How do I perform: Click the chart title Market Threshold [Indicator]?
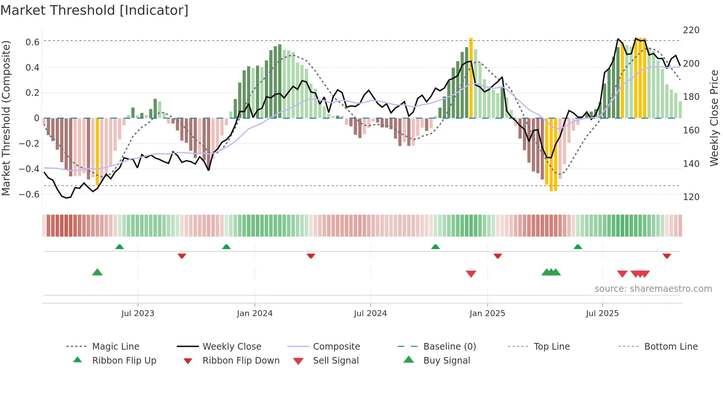coord(94,10)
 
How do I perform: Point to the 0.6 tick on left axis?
coord(32,42)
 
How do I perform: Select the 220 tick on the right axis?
coord(691,30)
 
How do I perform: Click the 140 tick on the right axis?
coord(691,164)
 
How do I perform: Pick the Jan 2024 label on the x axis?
coord(255,314)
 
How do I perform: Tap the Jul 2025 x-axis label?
coord(602,314)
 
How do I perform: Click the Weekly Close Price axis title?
coord(714,118)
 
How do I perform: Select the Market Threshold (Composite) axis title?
coord(6,118)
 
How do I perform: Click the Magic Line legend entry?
coord(115,347)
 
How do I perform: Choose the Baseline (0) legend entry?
coord(449,347)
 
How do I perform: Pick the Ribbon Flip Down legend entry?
coord(241,361)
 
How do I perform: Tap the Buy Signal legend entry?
coord(446,361)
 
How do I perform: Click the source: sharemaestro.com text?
coord(653,289)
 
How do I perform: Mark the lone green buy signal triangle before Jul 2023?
coord(97,272)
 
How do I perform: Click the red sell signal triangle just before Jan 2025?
coord(471,274)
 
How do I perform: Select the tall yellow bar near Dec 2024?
coord(471,77)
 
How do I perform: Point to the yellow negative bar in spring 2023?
coord(97,151)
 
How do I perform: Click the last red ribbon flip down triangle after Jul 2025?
coord(667,256)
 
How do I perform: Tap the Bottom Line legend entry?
coord(671,347)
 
